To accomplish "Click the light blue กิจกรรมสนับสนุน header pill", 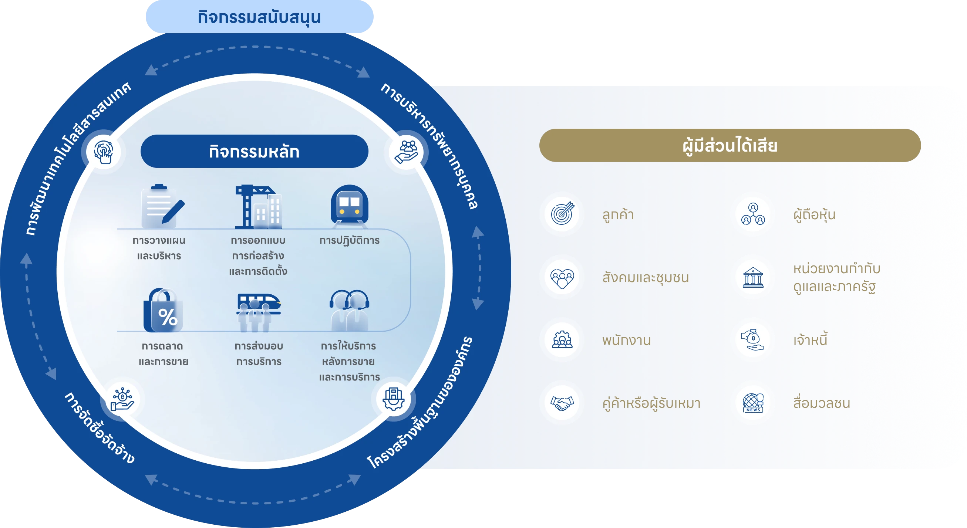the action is click(259, 17).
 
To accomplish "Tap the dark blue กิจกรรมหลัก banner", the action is click(255, 151).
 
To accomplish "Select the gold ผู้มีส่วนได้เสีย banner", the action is click(730, 145).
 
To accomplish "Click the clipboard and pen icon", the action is click(162, 206).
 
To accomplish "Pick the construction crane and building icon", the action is click(258, 206).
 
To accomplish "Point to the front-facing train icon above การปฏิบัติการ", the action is click(350, 206).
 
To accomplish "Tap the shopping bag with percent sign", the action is click(163, 310).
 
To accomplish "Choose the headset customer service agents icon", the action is click(350, 310).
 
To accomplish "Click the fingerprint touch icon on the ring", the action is click(104, 152).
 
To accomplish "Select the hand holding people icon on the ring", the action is click(407, 152).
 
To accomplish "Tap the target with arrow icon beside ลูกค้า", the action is click(562, 213).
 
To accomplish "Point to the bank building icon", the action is click(753, 278).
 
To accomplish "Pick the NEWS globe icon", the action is click(753, 403).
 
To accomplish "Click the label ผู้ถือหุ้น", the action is click(814, 215).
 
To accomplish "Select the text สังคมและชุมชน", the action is click(645, 278).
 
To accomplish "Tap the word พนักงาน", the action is click(626, 341).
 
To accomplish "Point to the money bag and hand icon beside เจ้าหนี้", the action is click(752, 340).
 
